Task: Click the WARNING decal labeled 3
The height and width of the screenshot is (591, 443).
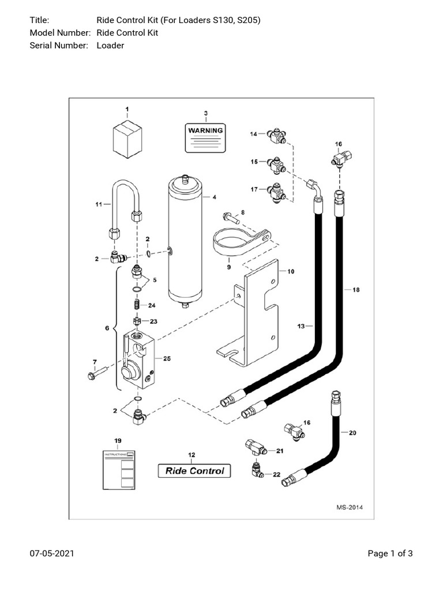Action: click(205, 137)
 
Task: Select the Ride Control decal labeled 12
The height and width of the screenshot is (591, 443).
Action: click(194, 470)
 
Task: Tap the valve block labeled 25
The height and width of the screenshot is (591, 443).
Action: click(138, 361)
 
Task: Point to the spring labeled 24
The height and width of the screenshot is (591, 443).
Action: click(137, 304)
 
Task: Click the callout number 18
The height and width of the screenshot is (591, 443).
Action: click(356, 290)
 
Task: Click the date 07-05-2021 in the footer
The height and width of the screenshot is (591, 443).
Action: click(51, 554)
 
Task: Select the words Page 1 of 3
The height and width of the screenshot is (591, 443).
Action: click(390, 554)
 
